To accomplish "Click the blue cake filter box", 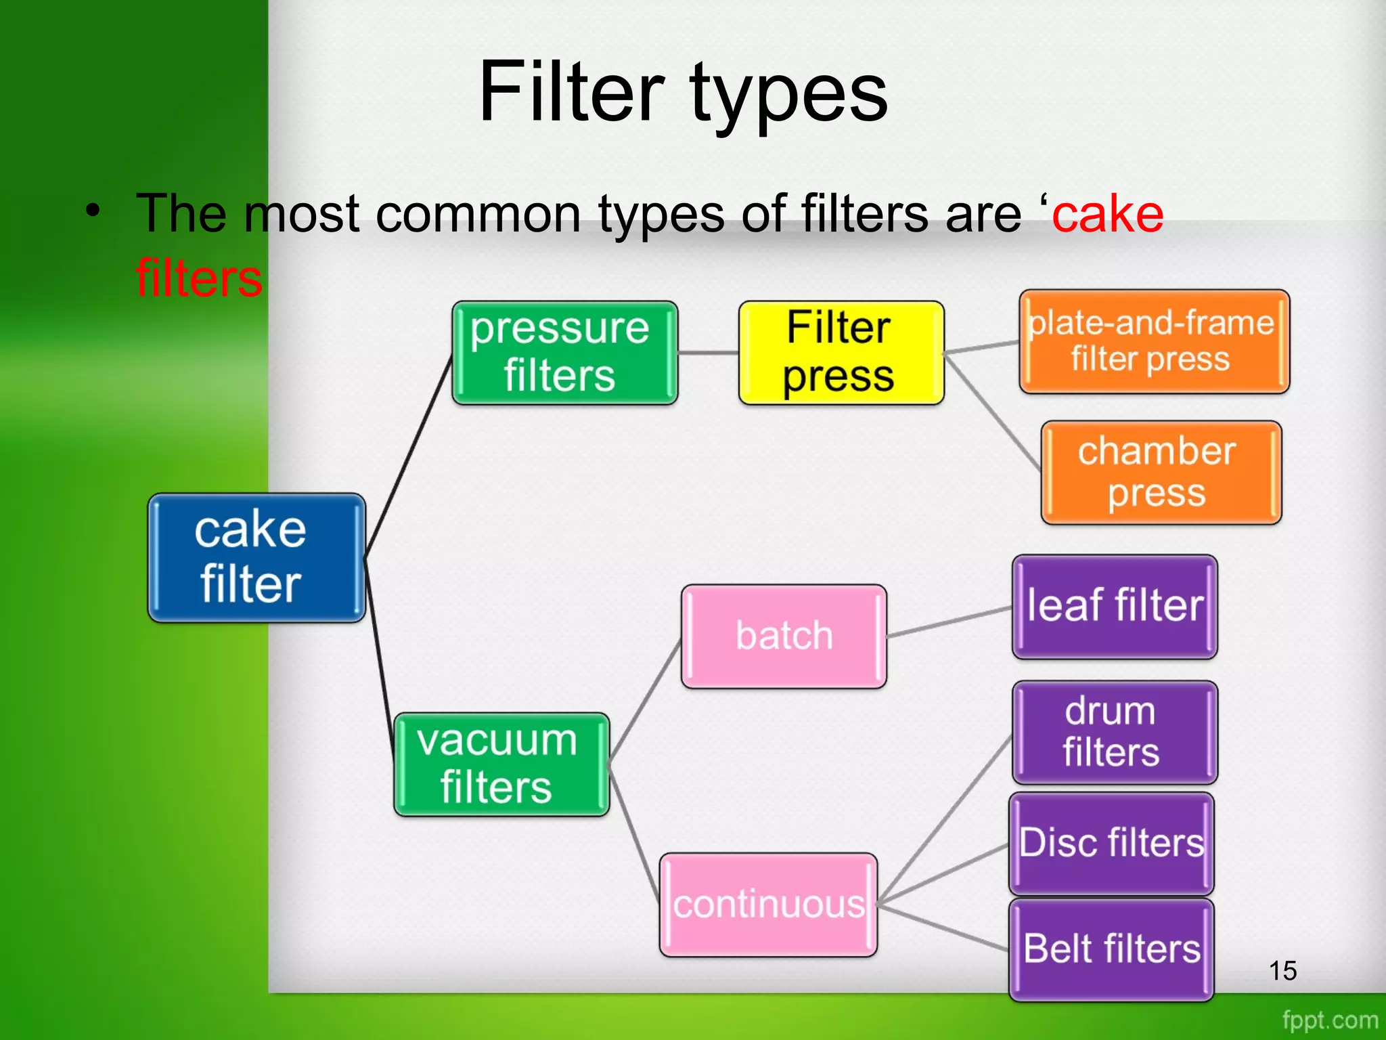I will click(x=256, y=557).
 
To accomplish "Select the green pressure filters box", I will click(x=564, y=353).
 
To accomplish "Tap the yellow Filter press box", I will click(x=841, y=353).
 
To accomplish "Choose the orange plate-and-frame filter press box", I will click(x=1154, y=341).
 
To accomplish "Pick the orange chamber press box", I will click(x=1161, y=473).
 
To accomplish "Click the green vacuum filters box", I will click(x=501, y=764).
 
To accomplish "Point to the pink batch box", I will click(x=784, y=636).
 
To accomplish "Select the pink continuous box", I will click(x=768, y=905).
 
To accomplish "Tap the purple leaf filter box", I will click(x=1115, y=606).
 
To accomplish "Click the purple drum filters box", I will click(x=1115, y=732).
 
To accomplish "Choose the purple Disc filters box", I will click(x=1111, y=844).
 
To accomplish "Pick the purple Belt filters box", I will click(x=1111, y=949).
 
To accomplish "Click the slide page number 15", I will click(x=1282, y=971).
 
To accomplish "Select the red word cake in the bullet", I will click(x=1108, y=214).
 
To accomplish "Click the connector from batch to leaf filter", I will click(x=949, y=622).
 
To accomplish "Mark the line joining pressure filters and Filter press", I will click(x=708, y=353).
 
